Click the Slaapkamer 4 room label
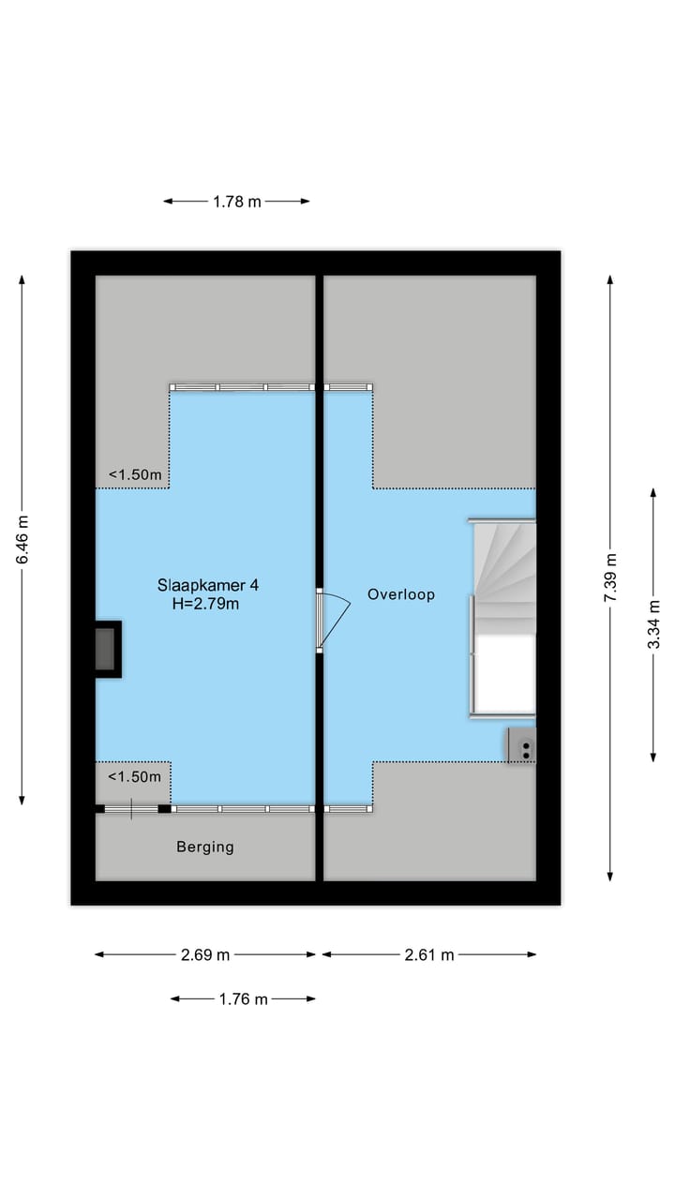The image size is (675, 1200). pos(207,585)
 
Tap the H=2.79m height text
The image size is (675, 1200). pos(205,605)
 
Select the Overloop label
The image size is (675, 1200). pos(400,594)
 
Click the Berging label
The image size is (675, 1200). pos(205,847)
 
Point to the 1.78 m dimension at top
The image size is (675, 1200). pos(236,201)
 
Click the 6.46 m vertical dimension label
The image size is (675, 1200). pos(22,540)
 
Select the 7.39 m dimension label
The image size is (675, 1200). pos(609,577)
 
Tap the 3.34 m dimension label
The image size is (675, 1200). pos(653,624)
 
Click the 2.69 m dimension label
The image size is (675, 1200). pos(205,955)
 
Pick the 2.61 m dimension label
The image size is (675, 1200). pos(429,955)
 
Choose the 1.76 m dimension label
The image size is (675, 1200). pos(243,999)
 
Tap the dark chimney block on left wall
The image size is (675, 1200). pos(106,649)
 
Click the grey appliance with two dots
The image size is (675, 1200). pos(522,747)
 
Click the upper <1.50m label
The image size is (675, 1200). pos(135,475)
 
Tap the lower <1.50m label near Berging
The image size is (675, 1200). pos(135,776)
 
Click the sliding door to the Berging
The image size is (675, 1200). pos(131,808)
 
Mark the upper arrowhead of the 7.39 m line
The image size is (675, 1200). pos(609,279)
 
